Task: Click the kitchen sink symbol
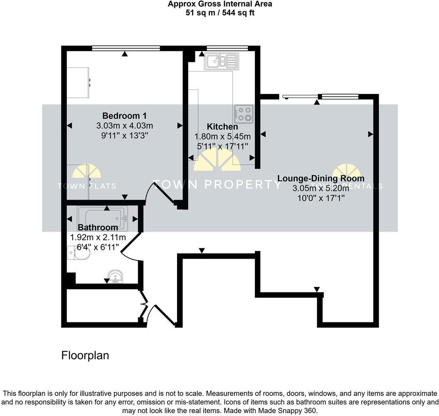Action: coord(221,62)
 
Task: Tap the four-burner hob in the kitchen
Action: coord(244,114)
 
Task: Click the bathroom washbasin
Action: coord(114,276)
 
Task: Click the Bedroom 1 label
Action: coord(124,116)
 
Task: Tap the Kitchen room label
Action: coord(222,126)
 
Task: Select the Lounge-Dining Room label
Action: coord(321,178)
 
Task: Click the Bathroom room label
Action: coord(98,228)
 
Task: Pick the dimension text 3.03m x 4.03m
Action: coord(124,126)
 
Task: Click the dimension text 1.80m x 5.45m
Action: coord(222,136)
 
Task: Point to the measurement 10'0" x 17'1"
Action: coord(321,198)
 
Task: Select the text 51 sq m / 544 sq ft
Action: coord(220,12)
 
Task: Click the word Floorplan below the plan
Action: coord(85,356)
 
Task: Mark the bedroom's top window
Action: coord(126,48)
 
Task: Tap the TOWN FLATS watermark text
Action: coord(86,186)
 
